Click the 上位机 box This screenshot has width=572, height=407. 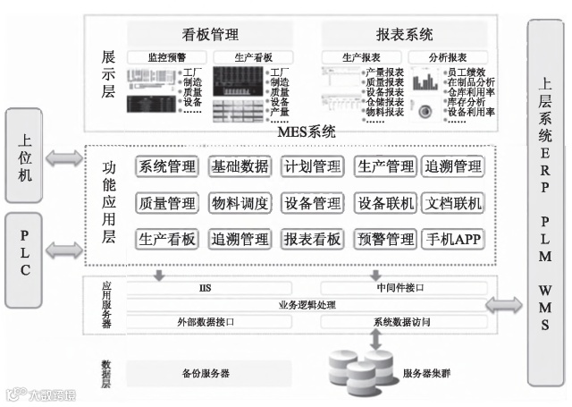tap(24, 157)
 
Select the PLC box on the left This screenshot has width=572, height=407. tap(24, 253)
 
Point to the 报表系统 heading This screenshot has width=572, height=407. tap(405, 35)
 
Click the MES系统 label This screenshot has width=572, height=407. tap(307, 132)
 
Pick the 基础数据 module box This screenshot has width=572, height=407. tap(240, 166)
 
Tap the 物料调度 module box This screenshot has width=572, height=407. tap(240, 203)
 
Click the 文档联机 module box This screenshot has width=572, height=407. tap(452, 203)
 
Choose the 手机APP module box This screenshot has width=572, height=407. tap(452, 239)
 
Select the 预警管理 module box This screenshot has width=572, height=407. tap(385, 239)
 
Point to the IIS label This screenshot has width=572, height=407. tap(204, 288)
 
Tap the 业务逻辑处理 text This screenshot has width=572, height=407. tap(307, 304)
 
